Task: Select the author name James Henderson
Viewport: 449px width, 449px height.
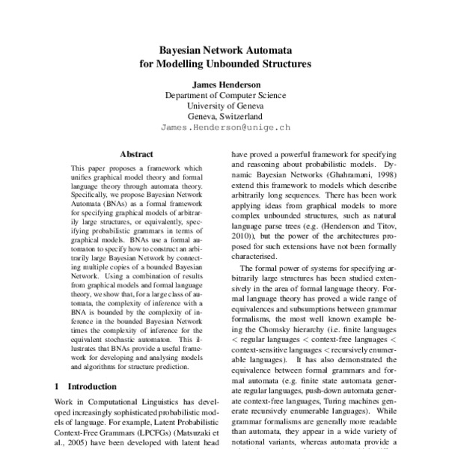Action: [225, 85]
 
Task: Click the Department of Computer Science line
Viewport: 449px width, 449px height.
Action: [225, 96]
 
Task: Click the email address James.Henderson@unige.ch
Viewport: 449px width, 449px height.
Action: [225, 128]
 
